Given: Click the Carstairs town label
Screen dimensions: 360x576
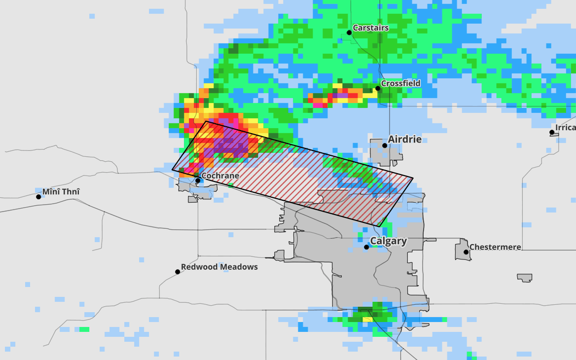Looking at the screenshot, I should tap(370, 28).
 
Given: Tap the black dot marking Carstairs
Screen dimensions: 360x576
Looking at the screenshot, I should tap(349, 33).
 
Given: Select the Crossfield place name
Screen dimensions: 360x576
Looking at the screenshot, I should tap(400, 83).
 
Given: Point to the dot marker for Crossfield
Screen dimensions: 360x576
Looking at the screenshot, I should tap(378, 88).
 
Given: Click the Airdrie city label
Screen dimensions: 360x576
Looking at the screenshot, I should tap(404, 140).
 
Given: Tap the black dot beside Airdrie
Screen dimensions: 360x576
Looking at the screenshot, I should tap(385, 145).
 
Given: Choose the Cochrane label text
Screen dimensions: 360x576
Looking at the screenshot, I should tap(220, 176).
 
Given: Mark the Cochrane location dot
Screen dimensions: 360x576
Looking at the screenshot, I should tap(198, 180).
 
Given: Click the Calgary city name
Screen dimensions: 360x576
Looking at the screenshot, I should tap(388, 241).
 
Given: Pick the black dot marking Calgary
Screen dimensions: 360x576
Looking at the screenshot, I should tap(366, 247).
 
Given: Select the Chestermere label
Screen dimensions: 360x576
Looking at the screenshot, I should tap(495, 247).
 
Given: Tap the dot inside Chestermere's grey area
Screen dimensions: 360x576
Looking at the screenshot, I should tap(466, 252).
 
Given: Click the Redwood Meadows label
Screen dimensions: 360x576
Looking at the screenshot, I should tap(219, 267).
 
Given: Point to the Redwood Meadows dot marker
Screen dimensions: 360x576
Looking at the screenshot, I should tap(178, 272).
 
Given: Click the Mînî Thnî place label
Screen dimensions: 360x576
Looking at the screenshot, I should tap(61, 192).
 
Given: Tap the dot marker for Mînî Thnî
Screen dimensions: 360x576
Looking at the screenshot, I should tap(38, 197).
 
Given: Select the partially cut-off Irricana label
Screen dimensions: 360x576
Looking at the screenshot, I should tap(565, 128).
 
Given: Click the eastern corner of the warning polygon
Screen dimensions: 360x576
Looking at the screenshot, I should tap(413, 178).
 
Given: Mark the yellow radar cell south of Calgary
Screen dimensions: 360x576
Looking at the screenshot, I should tap(367, 319).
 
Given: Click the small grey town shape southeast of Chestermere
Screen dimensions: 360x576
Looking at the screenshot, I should tap(524, 278).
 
